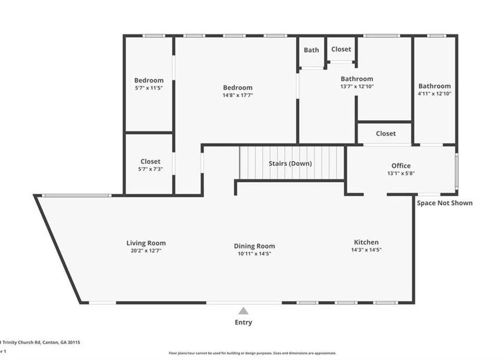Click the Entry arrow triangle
(x=243, y=311)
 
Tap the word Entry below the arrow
(x=243, y=323)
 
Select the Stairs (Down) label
(x=290, y=163)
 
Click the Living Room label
(x=146, y=243)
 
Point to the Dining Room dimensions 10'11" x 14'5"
(x=255, y=254)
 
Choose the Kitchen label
(x=366, y=242)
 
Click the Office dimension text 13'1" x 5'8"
(x=401, y=173)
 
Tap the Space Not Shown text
(x=444, y=203)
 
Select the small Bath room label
(x=311, y=50)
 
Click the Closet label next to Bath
(x=341, y=49)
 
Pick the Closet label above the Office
(x=386, y=134)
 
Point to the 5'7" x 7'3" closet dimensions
(x=150, y=169)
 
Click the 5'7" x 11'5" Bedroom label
(x=149, y=80)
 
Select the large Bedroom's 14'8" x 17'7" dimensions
(x=238, y=95)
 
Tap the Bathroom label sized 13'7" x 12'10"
(x=357, y=79)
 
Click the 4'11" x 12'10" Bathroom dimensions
(x=434, y=94)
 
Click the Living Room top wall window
(x=77, y=195)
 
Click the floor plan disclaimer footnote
(x=252, y=353)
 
